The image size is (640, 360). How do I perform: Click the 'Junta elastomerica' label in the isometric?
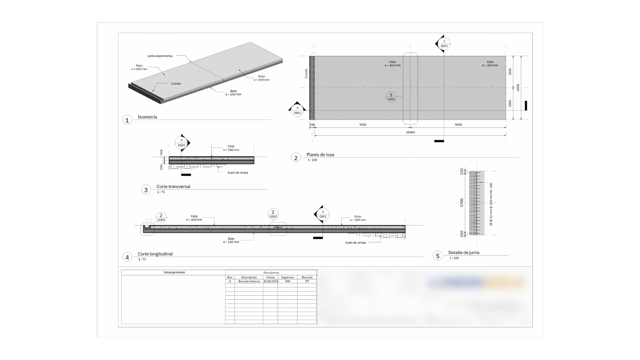[x=160, y=56]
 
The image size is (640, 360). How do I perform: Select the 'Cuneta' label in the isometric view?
[x=176, y=84]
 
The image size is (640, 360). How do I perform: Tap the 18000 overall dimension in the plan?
[x=410, y=132]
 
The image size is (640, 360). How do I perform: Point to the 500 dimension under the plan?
[x=312, y=125]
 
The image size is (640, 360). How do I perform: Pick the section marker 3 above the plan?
[x=444, y=43]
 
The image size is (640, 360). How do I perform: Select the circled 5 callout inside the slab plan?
[x=391, y=97]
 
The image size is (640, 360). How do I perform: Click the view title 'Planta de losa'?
[x=320, y=154]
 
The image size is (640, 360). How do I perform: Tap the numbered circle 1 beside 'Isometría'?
[x=127, y=120]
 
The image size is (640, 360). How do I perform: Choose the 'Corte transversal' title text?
[x=173, y=186]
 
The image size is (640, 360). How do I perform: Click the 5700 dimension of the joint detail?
[x=462, y=202]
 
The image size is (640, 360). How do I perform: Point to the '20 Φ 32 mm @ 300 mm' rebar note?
[x=491, y=204]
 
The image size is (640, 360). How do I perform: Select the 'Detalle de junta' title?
[x=464, y=252]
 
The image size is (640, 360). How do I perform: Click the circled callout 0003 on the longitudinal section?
[x=161, y=218]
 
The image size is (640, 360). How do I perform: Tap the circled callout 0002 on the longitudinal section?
[x=273, y=214]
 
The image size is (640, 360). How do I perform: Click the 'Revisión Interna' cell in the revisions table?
[x=249, y=281]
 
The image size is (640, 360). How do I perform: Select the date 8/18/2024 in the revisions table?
[x=270, y=281]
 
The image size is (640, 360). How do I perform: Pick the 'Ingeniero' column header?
[x=287, y=277]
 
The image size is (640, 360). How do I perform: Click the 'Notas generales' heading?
[x=174, y=272]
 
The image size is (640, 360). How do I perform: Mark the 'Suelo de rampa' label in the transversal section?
[x=238, y=172]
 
